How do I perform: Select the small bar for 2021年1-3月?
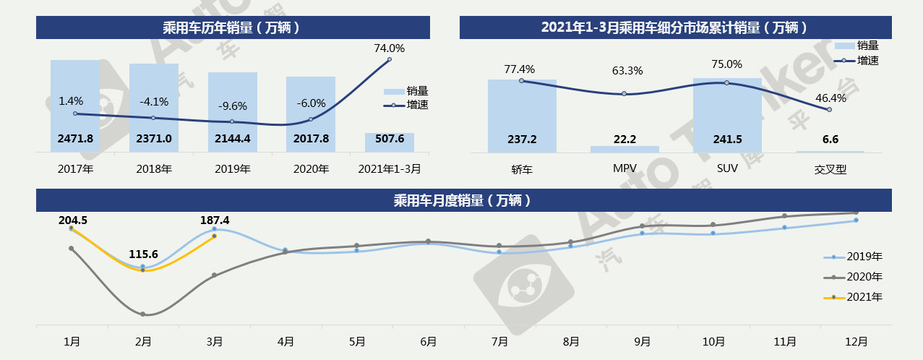(389, 142)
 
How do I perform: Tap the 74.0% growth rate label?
(389, 48)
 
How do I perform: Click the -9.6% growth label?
(232, 106)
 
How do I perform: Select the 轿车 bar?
(522, 116)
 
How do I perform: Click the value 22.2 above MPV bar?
(624, 139)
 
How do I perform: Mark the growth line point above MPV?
(624, 94)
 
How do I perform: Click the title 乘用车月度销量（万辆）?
(461, 200)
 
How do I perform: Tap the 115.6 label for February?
(143, 254)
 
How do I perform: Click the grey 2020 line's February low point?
(143, 314)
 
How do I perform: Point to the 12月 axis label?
(856, 341)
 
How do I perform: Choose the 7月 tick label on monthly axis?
(499, 341)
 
